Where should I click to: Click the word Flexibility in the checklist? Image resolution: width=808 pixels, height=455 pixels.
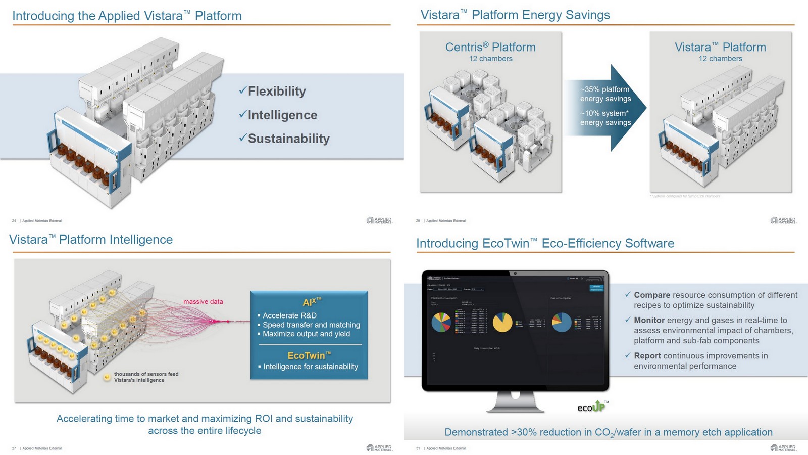277,91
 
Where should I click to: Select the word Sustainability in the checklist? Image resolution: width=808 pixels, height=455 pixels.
288,139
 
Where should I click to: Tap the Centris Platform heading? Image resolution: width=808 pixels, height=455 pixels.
490,47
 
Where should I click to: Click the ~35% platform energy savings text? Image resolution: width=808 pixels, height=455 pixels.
605,94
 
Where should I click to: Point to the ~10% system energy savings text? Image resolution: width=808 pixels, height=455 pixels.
605,118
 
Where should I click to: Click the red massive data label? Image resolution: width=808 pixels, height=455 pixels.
203,302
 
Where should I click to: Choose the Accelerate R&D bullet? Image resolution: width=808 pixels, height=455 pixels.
289,315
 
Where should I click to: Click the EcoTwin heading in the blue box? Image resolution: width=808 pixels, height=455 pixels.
309,355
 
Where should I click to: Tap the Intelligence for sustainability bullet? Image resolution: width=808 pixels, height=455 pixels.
311,367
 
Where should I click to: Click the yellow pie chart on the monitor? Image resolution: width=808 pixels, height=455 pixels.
502,323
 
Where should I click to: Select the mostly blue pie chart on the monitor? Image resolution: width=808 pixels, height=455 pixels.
562,323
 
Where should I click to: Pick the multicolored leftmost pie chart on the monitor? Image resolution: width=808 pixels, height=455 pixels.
441,323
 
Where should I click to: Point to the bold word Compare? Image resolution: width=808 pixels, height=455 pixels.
652,295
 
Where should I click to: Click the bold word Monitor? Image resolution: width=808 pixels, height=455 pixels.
649,320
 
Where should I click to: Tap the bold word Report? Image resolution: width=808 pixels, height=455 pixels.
647,356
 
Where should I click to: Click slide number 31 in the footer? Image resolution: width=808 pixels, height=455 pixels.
418,448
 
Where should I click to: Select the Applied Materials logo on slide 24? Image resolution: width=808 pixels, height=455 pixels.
379,220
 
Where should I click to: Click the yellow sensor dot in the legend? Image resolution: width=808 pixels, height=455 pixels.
107,377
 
